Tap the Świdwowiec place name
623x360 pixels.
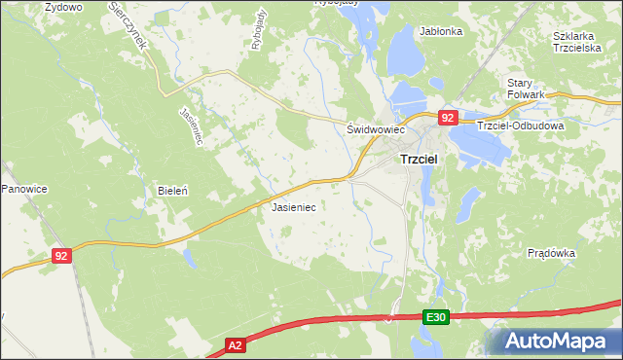(x=375, y=128)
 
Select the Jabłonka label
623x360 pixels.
(x=441, y=31)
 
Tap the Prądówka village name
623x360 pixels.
(x=551, y=252)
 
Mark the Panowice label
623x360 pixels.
(x=23, y=187)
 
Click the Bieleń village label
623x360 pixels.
(x=172, y=192)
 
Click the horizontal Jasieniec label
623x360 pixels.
(x=292, y=207)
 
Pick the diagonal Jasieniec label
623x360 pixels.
(x=190, y=126)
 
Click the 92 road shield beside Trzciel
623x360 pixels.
(x=447, y=118)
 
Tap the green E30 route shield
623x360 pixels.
(x=436, y=318)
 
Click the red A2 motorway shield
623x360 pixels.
(x=235, y=345)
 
